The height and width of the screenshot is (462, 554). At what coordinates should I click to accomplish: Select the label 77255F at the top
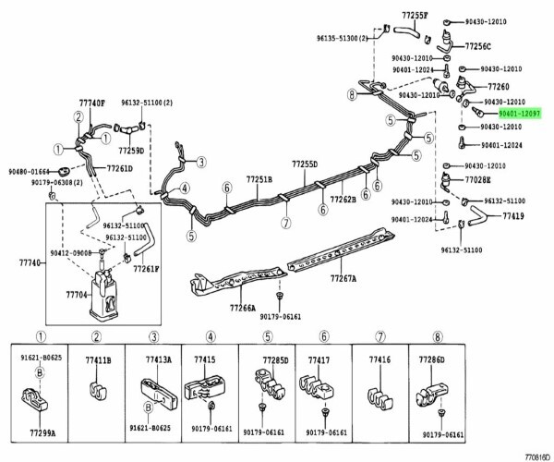click(x=415, y=15)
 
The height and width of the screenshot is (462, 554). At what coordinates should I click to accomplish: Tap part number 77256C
click(x=477, y=45)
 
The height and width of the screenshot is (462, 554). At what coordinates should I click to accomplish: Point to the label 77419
click(x=513, y=215)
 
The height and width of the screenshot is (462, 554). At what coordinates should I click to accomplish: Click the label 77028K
click(x=477, y=180)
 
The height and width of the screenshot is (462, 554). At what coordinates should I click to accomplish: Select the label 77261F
click(x=145, y=268)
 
